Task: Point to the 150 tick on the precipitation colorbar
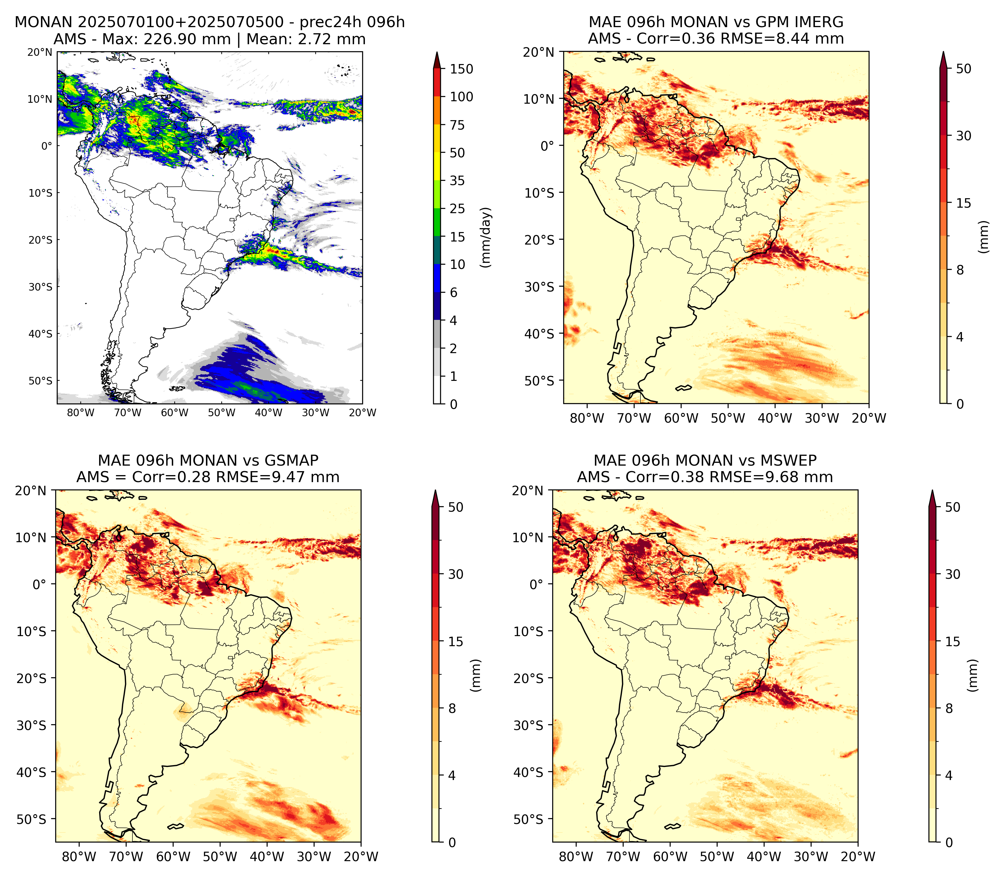coord(462,69)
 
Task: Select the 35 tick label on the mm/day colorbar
coord(457,181)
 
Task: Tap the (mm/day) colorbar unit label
coord(486,237)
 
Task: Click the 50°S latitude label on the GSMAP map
coord(32,819)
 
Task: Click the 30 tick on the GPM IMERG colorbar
coord(964,136)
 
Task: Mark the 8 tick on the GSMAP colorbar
coord(452,708)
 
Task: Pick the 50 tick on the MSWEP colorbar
coord(953,507)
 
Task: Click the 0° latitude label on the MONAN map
coord(46,146)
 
